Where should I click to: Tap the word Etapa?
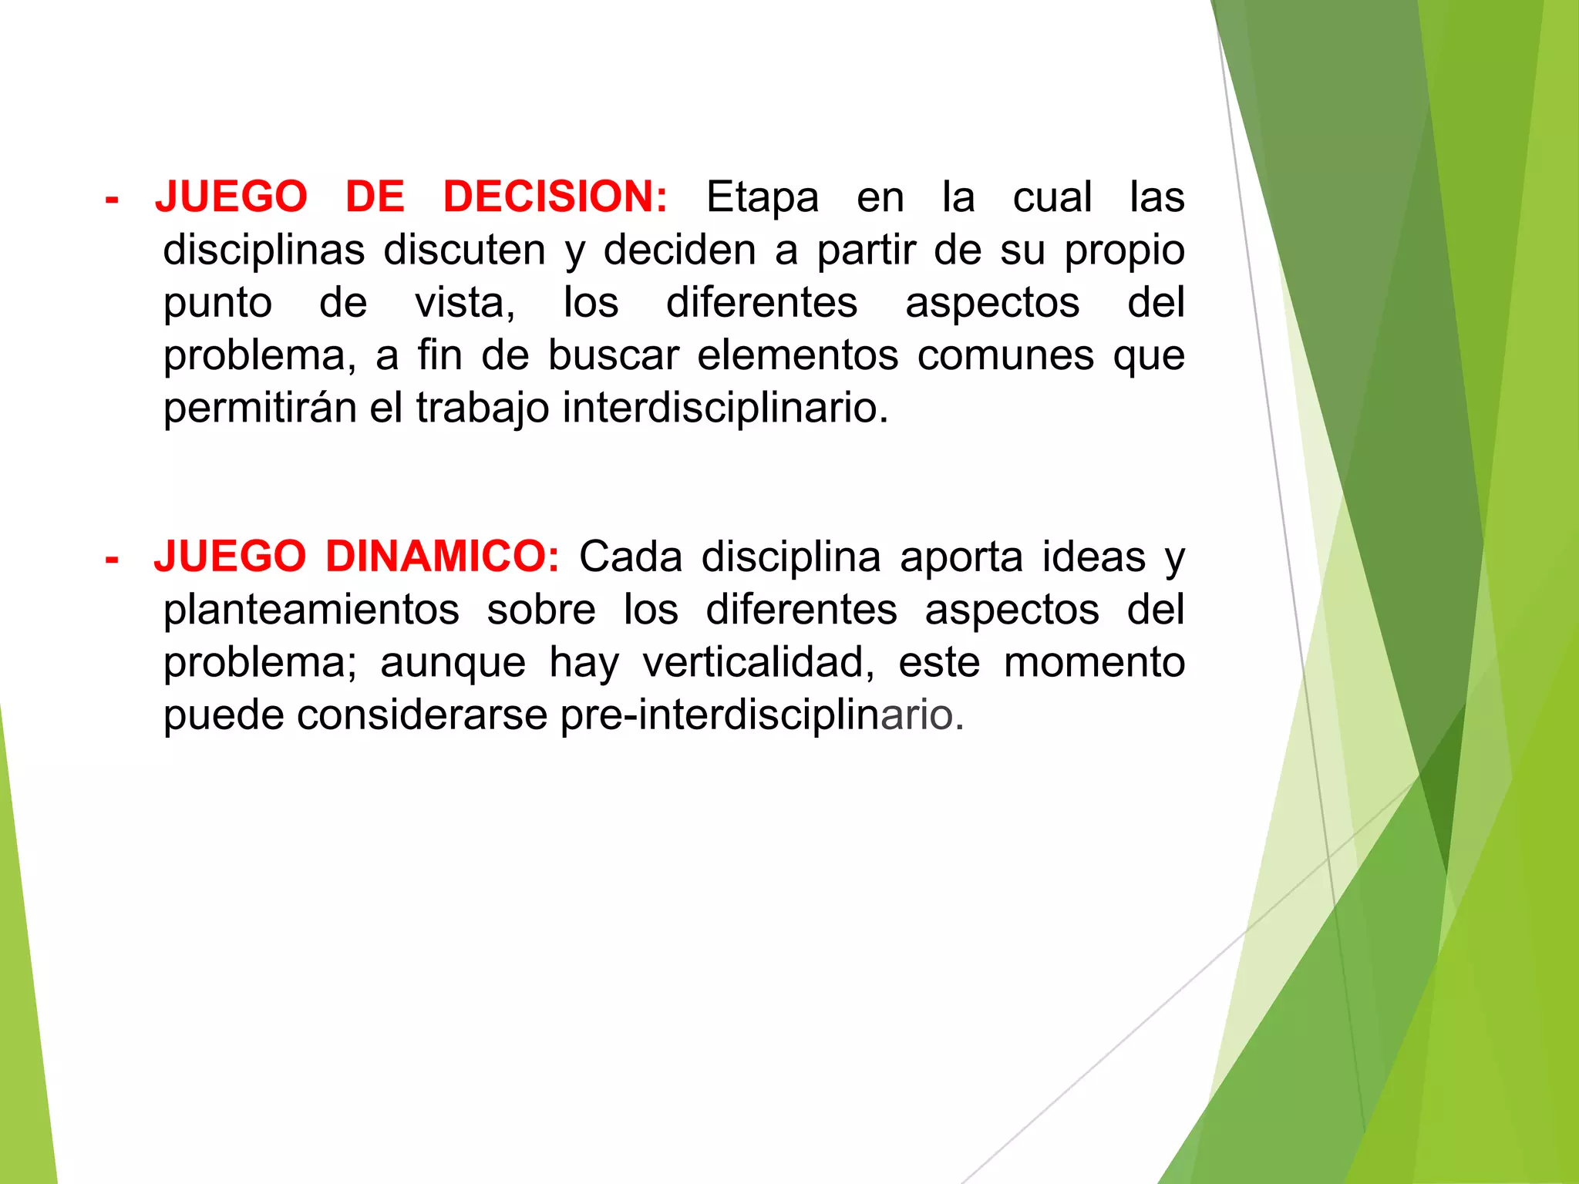(762, 197)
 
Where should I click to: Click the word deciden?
(679, 251)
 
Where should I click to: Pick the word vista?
(464, 302)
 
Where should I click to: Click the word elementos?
(797, 355)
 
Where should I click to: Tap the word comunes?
(1005, 355)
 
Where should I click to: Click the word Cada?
(630, 557)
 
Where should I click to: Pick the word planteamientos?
(311, 610)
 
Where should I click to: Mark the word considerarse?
(422, 715)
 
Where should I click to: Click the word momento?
(1093, 662)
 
